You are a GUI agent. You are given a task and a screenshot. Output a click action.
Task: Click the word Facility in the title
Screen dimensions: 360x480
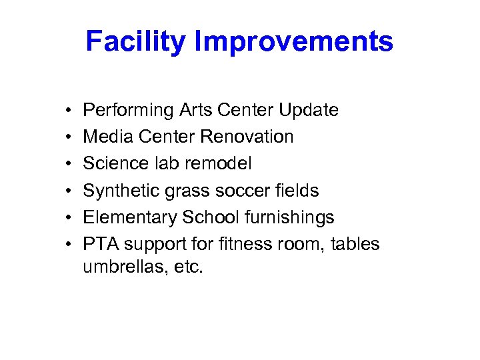[136, 42]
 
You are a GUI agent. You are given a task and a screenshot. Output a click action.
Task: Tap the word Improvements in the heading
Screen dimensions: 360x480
[294, 42]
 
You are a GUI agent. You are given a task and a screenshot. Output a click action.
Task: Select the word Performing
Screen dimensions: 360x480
[125, 110]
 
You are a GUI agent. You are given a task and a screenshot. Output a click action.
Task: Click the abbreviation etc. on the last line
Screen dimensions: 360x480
[187, 267]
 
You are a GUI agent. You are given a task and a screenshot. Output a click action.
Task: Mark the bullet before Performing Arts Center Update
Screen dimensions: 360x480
[69, 111]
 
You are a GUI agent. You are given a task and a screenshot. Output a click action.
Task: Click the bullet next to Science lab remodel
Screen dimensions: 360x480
[69, 164]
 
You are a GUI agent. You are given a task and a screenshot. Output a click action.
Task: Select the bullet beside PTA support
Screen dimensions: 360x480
[69, 245]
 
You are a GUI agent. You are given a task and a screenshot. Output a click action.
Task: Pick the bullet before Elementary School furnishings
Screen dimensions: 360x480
[69, 218]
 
